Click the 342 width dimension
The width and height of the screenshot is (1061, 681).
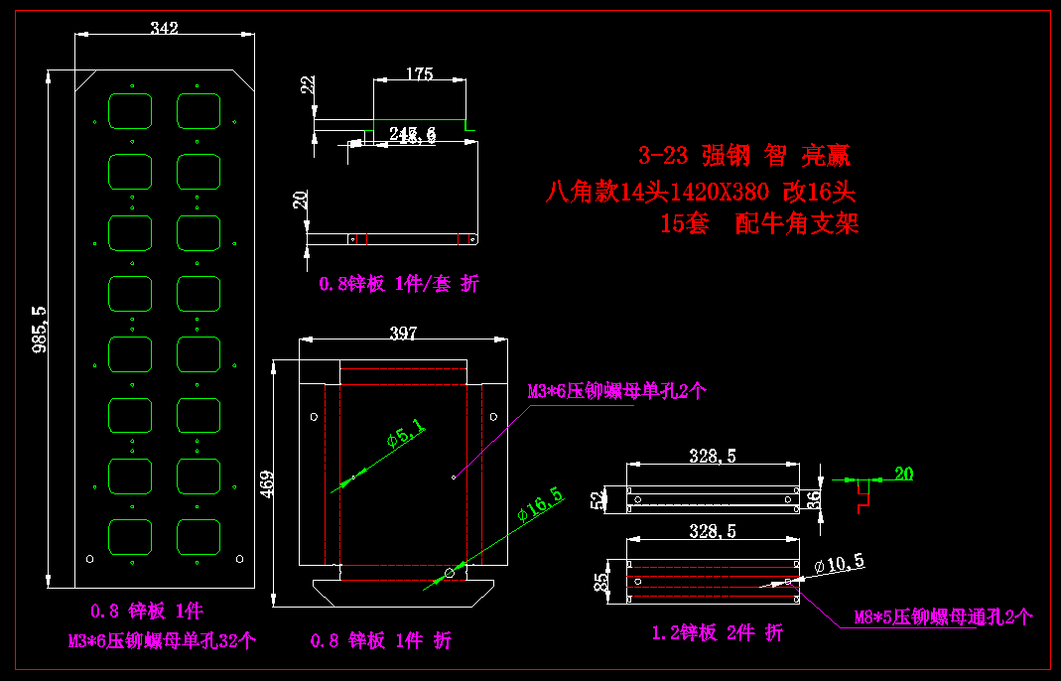(164, 29)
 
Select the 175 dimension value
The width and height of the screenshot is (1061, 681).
(420, 73)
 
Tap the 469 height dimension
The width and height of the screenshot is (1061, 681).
(267, 483)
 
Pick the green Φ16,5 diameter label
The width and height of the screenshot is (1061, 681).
(540, 505)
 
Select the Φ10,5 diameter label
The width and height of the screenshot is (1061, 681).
(839, 564)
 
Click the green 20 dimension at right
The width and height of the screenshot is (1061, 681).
(903, 474)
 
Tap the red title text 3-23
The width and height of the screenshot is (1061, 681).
(662, 156)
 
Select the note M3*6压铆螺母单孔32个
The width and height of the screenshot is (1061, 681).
(162, 640)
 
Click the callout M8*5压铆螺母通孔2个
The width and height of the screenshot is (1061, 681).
(943, 617)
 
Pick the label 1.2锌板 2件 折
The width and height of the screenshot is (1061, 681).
(717, 632)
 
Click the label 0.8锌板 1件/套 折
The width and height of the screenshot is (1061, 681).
(398, 284)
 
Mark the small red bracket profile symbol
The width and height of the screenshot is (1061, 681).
(862, 495)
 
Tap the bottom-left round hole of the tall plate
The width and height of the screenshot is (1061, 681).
(90, 559)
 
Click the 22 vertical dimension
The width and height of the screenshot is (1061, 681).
(308, 85)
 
